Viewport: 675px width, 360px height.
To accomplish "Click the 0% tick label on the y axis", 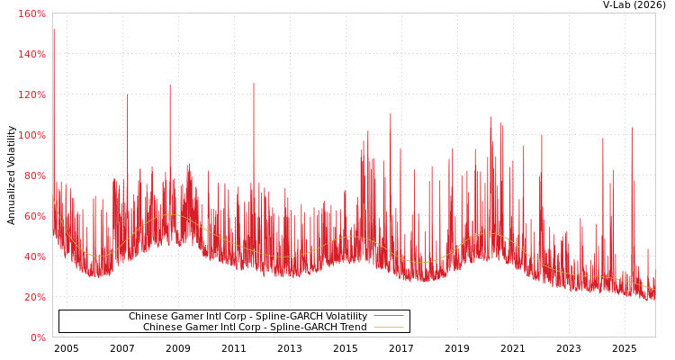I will [x=38, y=337].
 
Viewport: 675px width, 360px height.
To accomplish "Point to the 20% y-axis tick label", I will [x=34, y=297].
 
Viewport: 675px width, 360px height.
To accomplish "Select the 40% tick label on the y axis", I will [x=34, y=256].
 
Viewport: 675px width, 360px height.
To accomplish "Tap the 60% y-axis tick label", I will [x=34, y=216].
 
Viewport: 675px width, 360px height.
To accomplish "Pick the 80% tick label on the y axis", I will [x=34, y=175].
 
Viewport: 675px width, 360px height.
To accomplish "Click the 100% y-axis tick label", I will [x=32, y=135].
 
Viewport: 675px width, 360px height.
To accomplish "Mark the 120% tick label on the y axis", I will [x=32, y=94].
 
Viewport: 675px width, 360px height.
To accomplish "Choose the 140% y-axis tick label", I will [x=32, y=54].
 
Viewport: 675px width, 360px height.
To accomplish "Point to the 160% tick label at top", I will [x=32, y=13].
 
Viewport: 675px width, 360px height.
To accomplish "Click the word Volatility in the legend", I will [x=346, y=317].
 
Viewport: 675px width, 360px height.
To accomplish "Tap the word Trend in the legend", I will [x=353, y=328].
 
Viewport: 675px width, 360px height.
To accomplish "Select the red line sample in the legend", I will [x=388, y=317].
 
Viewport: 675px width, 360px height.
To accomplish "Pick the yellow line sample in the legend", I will [x=388, y=328].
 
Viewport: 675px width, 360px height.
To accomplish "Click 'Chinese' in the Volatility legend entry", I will [x=149, y=317].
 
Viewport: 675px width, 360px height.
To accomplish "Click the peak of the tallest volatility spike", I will [x=53, y=29].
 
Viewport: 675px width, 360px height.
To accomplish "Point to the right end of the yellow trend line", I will [x=654, y=289].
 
